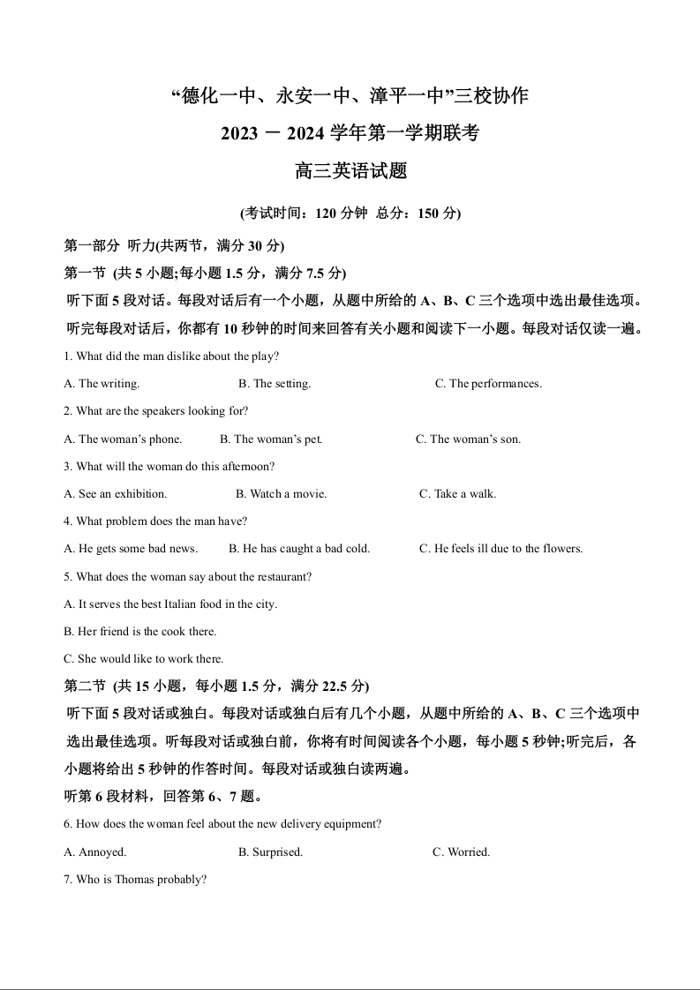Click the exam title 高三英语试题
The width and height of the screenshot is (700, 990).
350,171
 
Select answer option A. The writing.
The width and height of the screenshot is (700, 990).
102,384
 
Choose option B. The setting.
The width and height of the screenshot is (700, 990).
275,384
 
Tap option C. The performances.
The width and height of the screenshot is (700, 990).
488,384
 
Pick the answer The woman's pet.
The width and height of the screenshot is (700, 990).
271,439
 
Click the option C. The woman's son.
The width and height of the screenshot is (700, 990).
468,439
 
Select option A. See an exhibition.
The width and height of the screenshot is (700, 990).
116,494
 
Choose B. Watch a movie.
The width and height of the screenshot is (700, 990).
281,494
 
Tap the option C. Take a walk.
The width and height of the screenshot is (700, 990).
457,494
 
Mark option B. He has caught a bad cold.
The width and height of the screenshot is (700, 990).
299,549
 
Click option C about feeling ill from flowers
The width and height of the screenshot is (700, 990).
501,549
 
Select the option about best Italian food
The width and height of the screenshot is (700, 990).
170,604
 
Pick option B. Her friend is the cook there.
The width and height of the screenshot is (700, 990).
140,632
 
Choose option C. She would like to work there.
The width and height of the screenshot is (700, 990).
144,659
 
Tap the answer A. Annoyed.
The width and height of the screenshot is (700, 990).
95,852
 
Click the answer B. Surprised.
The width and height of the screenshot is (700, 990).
270,852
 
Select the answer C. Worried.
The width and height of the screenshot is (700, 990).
461,852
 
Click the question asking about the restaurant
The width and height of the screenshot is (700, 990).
188,577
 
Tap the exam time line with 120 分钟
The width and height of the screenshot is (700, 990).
350,214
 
